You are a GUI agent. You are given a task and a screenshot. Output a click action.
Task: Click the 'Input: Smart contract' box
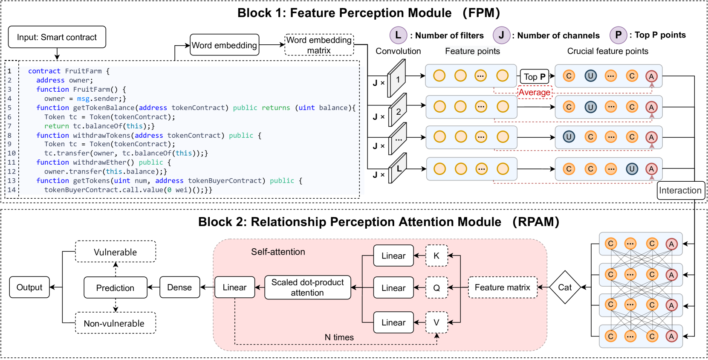[57, 37]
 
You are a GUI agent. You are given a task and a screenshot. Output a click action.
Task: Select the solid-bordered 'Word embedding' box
[224, 45]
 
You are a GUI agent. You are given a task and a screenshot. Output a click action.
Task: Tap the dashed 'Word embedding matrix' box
[319, 45]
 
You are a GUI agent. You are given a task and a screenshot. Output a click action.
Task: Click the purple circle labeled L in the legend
[398, 35]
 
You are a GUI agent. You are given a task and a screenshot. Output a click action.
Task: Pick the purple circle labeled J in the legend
[501, 35]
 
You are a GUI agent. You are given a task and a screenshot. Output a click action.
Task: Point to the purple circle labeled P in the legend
[618, 35]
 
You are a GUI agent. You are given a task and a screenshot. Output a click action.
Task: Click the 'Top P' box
[535, 77]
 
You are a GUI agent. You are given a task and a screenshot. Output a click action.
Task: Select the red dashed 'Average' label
[535, 92]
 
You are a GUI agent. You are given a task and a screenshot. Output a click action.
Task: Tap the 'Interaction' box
[680, 190]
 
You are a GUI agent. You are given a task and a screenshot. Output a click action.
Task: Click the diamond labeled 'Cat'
[565, 287]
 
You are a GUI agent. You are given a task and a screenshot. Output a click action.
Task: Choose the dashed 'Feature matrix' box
[503, 287]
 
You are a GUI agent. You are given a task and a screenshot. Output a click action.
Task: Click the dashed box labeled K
[436, 255]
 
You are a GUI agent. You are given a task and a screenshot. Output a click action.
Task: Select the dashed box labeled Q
[436, 287]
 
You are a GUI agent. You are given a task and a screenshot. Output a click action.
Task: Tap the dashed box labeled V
[436, 322]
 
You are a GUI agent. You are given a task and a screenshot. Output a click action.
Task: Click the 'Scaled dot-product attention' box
[307, 287]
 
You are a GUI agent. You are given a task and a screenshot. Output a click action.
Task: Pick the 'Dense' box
[179, 287]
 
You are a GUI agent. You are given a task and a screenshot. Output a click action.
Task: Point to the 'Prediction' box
[115, 287]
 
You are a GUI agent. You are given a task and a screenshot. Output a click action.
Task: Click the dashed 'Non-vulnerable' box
[115, 323]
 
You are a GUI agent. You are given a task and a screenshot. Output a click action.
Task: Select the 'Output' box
[29, 287]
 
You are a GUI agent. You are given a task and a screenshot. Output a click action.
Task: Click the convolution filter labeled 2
[398, 110]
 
